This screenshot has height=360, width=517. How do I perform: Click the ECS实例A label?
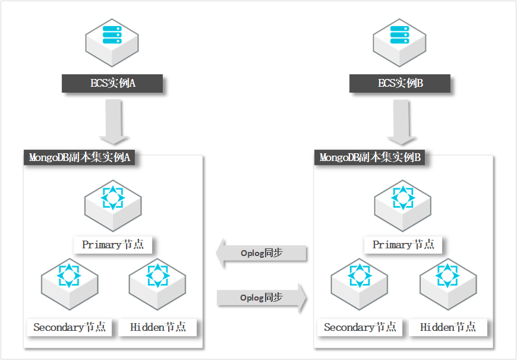112,83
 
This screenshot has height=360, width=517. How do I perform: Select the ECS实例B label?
399,83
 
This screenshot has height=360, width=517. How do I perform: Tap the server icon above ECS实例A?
112,43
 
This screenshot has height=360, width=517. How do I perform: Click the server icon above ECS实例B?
399,43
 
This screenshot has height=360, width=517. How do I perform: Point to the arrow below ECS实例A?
114,122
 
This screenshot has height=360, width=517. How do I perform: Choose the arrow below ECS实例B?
401,122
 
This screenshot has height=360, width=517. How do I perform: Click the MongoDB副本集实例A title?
80,157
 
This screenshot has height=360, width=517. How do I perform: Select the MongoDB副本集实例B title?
370,157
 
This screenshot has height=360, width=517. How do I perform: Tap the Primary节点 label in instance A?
113,245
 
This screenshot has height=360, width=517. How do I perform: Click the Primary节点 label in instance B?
403,245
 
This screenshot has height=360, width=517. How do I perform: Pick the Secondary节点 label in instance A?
70,327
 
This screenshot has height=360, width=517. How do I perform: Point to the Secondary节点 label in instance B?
360,327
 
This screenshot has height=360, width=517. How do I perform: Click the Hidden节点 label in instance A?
157,327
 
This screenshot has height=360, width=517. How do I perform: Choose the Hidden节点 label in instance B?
447,327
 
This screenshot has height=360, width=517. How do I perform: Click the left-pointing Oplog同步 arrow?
261,253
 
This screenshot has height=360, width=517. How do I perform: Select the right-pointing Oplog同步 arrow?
262,298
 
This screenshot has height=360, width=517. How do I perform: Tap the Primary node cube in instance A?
113,206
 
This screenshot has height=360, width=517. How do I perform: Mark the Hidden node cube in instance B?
448,284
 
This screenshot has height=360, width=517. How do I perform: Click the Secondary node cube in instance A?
70,284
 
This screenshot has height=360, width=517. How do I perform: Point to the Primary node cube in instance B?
402,206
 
